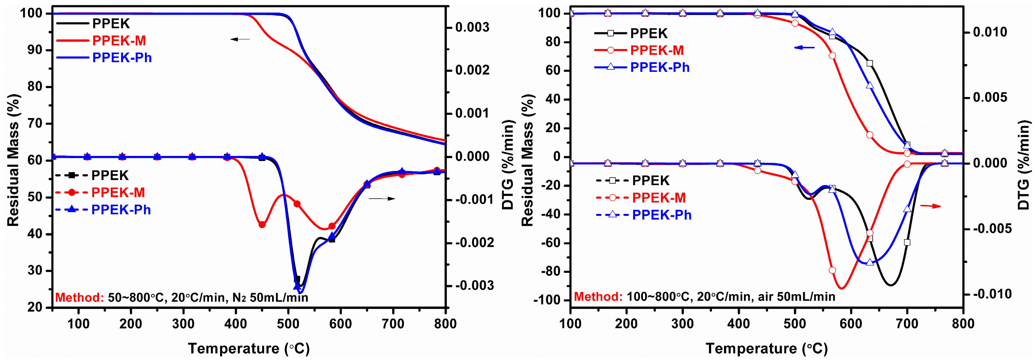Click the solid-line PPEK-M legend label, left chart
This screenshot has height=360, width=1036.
pos(119,41)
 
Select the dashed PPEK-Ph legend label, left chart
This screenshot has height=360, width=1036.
pos(121,209)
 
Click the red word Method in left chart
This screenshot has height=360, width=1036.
pos(80,298)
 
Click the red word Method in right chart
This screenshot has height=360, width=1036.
pos(598,297)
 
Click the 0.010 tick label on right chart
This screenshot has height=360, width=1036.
pos(990,32)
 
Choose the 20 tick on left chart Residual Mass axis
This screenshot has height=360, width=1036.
pos(35,307)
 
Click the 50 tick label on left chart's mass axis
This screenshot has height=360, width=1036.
pos(35,197)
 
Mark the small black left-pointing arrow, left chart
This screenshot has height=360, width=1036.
pos(240,39)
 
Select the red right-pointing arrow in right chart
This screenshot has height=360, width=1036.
pos(931,206)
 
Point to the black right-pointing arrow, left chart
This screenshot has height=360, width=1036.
pos(382,198)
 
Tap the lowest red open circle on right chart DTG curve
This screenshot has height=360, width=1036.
pos(832,270)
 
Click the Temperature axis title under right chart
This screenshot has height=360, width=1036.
pos(767,348)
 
